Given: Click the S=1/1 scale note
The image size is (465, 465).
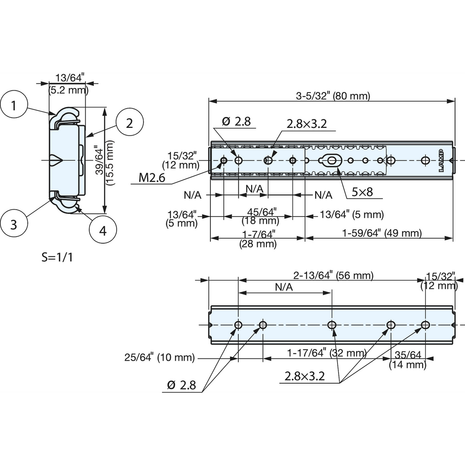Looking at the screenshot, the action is [x=57, y=258].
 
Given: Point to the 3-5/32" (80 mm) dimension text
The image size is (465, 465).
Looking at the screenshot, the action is [x=333, y=96].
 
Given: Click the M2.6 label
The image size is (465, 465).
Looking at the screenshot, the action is [x=152, y=178].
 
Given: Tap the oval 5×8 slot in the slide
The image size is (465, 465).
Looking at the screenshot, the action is [x=330, y=160].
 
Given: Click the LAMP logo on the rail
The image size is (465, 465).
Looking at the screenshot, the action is [x=441, y=161].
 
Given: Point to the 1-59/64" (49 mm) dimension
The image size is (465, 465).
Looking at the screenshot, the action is [x=382, y=233].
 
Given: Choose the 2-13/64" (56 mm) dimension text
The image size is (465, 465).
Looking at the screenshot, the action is [x=333, y=276].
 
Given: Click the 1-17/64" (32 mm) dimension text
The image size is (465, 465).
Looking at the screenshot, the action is [x=327, y=353].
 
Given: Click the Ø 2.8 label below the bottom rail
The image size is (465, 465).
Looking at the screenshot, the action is [x=181, y=385].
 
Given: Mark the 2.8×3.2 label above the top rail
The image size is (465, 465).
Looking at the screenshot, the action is [x=307, y=124].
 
